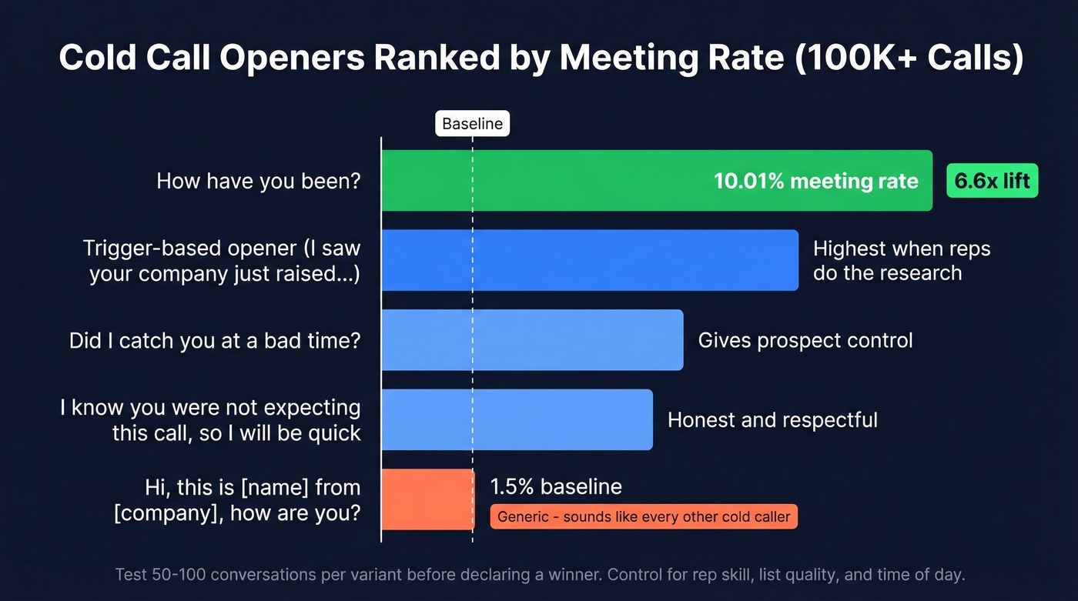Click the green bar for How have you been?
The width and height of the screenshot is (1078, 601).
(539, 181)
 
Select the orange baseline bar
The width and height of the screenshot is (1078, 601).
(428, 499)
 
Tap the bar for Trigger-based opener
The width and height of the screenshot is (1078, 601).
(590, 260)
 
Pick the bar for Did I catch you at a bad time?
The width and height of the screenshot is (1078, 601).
(532, 340)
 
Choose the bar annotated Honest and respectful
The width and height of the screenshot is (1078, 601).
(517, 419)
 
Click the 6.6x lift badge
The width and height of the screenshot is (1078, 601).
(992, 182)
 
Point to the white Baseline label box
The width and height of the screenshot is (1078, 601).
(472, 124)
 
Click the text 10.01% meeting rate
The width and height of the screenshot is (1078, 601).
(815, 182)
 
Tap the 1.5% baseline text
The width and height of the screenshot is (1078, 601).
(556, 486)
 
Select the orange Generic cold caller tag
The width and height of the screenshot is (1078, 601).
(644, 516)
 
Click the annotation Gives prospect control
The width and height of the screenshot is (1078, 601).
(805, 340)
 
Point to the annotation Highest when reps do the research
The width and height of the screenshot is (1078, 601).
(901, 261)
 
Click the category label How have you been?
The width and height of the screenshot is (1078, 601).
(259, 182)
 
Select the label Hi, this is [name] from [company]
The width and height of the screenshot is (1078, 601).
(237, 500)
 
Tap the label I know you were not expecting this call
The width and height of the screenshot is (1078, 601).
(211, 419)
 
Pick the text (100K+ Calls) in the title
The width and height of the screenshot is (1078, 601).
(909, 58)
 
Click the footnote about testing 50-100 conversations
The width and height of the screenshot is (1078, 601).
(539, 574)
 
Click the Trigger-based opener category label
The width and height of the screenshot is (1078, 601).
(222, 261)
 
